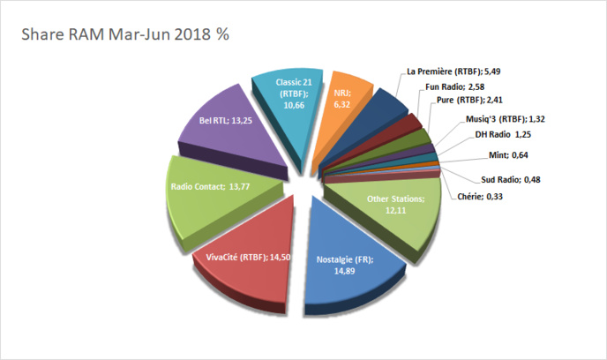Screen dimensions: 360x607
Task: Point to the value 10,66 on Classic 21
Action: pyautogui.click(x=294, y=104)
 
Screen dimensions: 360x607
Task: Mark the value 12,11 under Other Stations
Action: pyautogui.click(x=395, y=211)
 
